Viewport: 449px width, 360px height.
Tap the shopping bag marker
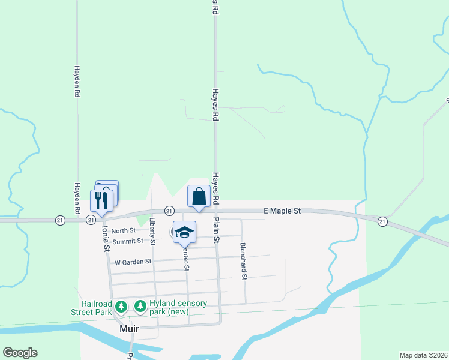point(199,196)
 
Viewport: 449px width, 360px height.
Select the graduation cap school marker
point(184,232)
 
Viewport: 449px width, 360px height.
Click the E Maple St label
point(282,211)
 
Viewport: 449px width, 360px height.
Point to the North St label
point(124,230)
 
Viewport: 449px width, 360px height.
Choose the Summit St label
point(132,241)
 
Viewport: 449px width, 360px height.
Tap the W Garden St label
point(129,262)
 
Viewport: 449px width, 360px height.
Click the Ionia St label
point(106,238)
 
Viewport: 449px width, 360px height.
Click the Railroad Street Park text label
point(97,308)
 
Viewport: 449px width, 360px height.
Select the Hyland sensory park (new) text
point(178,307)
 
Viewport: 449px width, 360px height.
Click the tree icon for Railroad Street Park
point(121,307)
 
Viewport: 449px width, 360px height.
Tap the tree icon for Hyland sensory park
point(140,307)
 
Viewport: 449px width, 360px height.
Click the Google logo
point(20,353)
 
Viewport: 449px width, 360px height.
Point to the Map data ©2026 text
point(423,355)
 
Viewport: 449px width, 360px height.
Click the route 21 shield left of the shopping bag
point(169,211)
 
